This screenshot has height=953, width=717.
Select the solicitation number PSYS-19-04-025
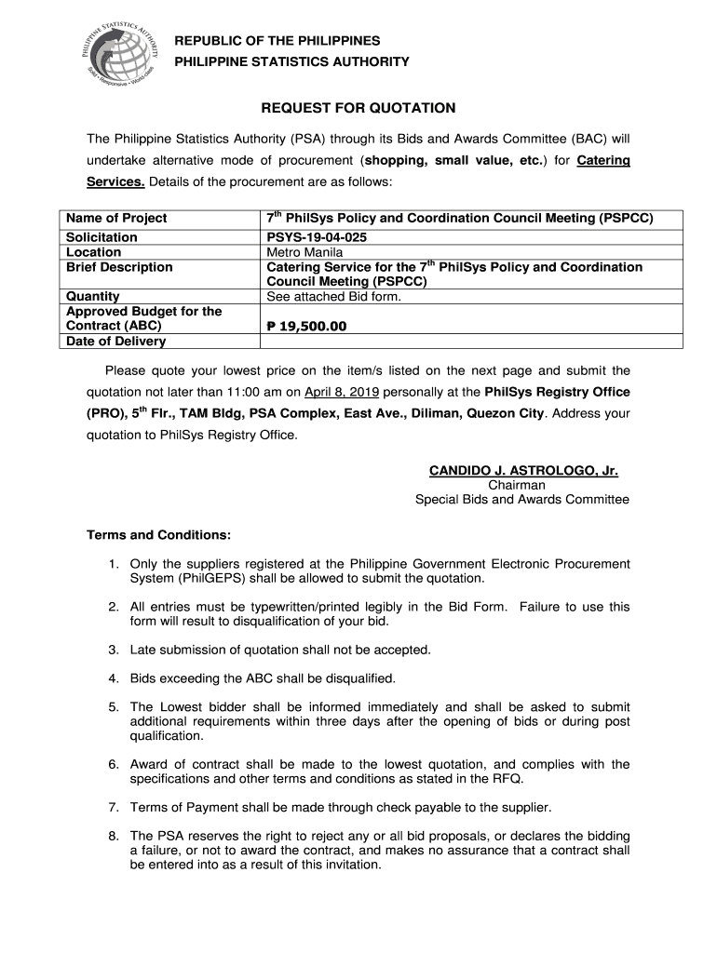pos(317,237)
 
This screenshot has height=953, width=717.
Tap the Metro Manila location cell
pos(304,252)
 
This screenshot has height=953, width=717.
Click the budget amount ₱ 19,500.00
pos(306,327)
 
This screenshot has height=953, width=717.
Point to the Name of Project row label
pos(116,218)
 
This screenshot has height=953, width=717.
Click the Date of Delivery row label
pos(115,342)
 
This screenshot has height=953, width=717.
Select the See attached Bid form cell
pos(333,297)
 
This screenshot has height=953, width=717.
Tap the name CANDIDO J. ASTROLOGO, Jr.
pos(523,471)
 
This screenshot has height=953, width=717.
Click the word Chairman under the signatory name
pos(517,485)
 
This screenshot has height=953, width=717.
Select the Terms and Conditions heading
pos(158,536)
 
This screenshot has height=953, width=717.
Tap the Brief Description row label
pos(119,267)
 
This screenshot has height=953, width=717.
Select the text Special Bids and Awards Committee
pos(521,500)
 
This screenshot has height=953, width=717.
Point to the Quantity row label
pos(93,297)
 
